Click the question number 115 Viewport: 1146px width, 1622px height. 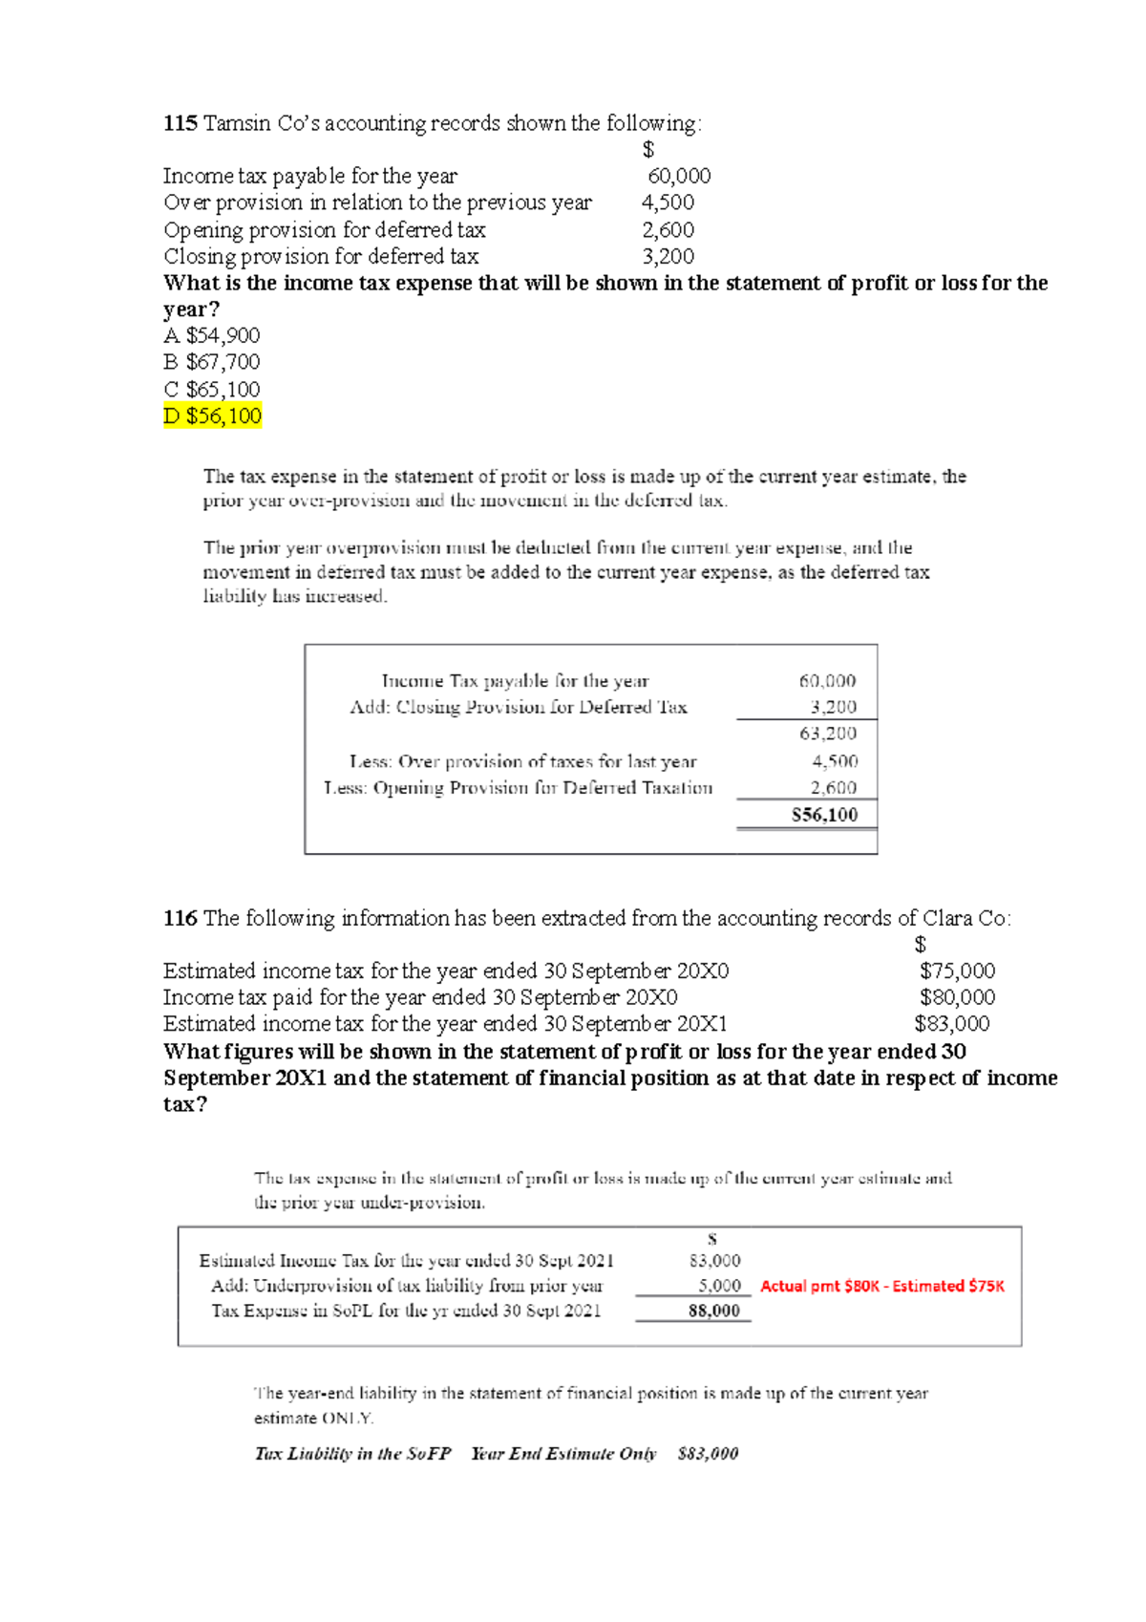tap(180, 123)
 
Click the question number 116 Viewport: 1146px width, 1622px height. tap(180, 918)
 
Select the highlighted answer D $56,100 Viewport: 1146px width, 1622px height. tap(212, 416)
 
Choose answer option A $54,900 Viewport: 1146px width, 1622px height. tap(212, 335)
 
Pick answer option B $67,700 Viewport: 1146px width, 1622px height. tap(212, 362)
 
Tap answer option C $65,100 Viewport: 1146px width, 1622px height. tap(212, 389)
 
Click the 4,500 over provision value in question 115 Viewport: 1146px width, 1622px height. tap(668, 203)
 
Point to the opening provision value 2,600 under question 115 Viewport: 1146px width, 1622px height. tap(668, 229)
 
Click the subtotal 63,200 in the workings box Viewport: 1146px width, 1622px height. tap(828, 734)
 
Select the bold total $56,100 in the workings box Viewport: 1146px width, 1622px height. tap(825, 815)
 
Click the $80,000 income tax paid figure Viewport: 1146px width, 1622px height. tap(957, 997)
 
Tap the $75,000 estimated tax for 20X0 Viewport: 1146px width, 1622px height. tap(957, 971)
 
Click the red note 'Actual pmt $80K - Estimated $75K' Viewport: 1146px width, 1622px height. tap(882, 1286)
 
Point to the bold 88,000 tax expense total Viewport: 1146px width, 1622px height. tap(714, 1311)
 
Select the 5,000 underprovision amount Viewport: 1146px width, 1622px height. tap(719, 1286)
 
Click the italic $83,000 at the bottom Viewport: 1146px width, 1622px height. tap(708, 1453)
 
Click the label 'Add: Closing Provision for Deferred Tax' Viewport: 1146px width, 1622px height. tap(519, 707)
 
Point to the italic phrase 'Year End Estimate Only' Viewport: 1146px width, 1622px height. tap(563, 1453)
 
